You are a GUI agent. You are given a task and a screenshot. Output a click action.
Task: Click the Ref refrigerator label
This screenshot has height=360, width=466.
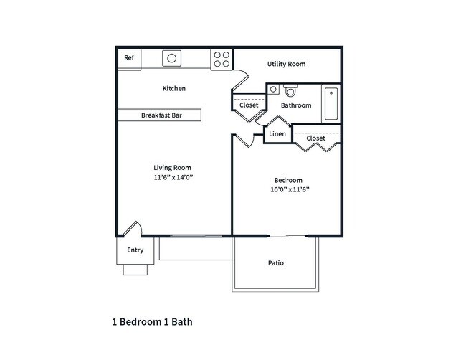point(129,57)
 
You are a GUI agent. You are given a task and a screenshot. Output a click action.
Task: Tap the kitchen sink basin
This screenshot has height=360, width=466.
point(172,58)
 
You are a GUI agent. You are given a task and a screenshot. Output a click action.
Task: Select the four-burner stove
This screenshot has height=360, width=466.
point(222,59)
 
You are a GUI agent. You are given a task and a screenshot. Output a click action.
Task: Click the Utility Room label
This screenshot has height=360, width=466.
point(286,64)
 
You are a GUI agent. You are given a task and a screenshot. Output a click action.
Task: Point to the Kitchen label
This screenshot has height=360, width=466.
point(174,89)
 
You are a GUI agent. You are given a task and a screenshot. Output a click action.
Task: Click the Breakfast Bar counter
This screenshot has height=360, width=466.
point(160,115)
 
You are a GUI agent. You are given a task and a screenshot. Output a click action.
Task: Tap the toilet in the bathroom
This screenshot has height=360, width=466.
point(290,90)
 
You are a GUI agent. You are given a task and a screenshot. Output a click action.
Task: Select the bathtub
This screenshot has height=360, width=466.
point(331,103)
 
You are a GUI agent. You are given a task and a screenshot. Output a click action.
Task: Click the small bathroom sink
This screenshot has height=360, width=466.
point(273,89)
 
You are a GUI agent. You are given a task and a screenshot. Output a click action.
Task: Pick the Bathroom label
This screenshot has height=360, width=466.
point(296,105)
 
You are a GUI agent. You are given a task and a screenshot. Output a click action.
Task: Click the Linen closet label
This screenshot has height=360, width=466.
point(277,134)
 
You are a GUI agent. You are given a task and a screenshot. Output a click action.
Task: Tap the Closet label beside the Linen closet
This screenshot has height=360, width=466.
point(316,138)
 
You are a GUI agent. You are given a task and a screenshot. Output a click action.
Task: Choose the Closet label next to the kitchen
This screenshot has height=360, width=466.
point(249,105)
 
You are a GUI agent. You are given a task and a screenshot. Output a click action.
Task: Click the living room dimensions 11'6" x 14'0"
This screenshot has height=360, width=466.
point(173,177)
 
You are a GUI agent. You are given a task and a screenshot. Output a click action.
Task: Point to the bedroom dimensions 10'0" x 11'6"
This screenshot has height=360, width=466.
point(290,189)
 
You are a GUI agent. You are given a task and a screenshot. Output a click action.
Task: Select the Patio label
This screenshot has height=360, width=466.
point(276,263)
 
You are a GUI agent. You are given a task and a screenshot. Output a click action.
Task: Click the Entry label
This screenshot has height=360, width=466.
point(135,250)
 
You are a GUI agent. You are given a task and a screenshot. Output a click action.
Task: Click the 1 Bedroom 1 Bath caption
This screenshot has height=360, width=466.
point(152,322)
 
